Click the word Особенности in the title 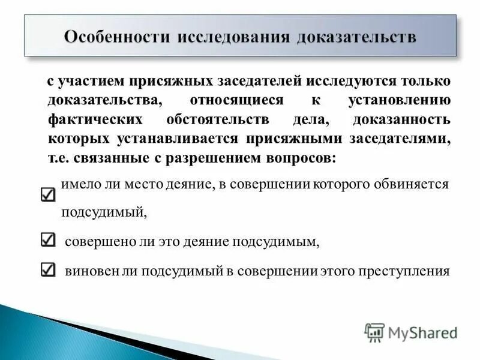click(116, 36)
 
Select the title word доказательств click(358, 36)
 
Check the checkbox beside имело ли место click(49, 195)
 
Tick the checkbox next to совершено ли click(49, 240)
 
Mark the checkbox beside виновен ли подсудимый click(49, 270)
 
